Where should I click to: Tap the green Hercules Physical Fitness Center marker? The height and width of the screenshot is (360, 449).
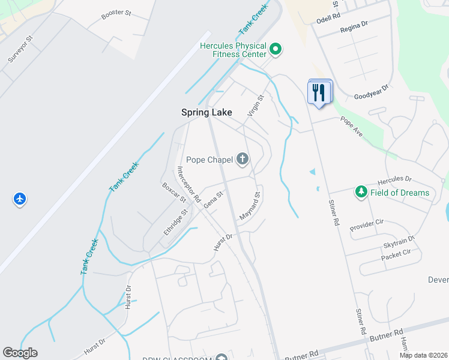276,49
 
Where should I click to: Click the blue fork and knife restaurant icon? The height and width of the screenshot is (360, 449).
319,92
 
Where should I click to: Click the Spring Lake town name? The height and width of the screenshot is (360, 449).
206,112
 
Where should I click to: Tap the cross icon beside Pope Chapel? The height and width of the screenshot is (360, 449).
243,159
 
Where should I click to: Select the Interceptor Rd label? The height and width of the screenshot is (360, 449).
188,184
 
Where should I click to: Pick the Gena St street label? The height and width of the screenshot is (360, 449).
213,199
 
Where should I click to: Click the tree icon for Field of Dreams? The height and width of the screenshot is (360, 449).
361,192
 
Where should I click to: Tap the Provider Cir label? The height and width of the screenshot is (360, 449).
366,225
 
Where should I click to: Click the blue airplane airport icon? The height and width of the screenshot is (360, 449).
20,198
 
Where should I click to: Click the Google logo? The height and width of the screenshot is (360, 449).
20,353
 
